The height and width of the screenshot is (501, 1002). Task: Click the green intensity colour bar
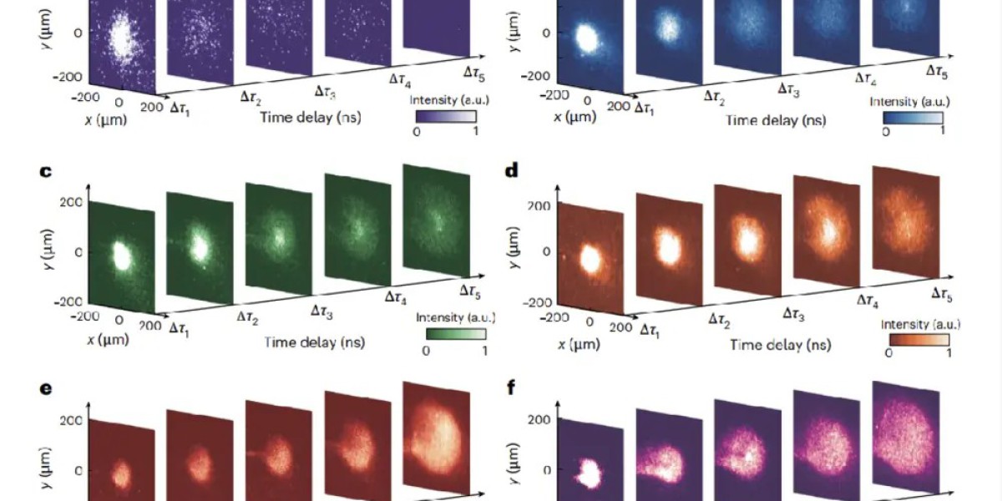coord(455,334)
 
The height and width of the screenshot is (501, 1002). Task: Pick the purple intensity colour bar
coord(443,114)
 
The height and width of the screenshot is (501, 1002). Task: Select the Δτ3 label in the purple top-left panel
coord(325,89)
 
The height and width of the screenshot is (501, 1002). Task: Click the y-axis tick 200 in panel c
coord(67,201)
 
